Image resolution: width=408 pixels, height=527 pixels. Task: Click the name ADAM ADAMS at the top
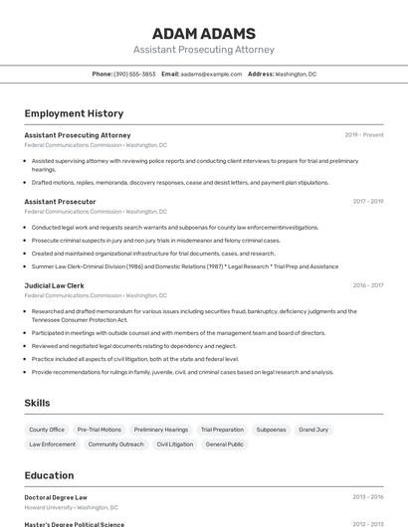pyautogui.click(x=204, y=33)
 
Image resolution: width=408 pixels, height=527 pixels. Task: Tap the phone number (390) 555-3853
pyautogui.click(x=134, y=74)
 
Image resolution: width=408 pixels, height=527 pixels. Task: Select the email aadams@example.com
pyautogui.click(x=211, y=74)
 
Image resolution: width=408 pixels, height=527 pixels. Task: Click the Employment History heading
pyautogui.click(x=74, y=113)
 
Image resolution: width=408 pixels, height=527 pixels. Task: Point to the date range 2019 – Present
pyautogui.click(x=364, y=134)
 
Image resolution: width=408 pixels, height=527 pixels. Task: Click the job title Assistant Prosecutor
pyautogui.click(x=60, y=201)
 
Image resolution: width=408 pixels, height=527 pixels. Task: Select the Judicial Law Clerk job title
pyautogui.click(x=54, y=285)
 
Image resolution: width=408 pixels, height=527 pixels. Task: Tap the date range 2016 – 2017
pyautogui.click(x=368, y=285)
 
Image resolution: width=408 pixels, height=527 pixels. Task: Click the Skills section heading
pyautogui.click(x=38, y=403)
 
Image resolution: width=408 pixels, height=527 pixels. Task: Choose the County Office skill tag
pyautogui.click(x=47, y=430)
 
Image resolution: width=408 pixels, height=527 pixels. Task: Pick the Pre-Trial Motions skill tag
pyautogui.click(x=100, y=430)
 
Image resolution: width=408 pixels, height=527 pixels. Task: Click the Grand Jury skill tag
pyautogui.click(x=313, y=430)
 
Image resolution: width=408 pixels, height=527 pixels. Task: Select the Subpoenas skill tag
pyautogui.click(x=271, y=430)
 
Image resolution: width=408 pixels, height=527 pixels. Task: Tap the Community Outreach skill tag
pyautogui.click(x=115, y=444)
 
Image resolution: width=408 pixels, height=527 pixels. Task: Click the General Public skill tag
pyautogui.click(x=225, y=444)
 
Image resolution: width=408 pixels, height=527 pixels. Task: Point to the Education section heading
pyautogui.click(x=49, y=475)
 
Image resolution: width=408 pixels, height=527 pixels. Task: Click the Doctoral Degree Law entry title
pyautogui.click(x=56, y=497)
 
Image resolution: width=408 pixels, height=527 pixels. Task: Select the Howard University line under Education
pyautogui.click(x=71, y=507)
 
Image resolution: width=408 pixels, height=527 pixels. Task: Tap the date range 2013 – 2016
pyautogui.click(x=368, y=497)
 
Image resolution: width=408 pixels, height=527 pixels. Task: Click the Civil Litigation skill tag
pyautogui.click(x=175, y=444)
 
